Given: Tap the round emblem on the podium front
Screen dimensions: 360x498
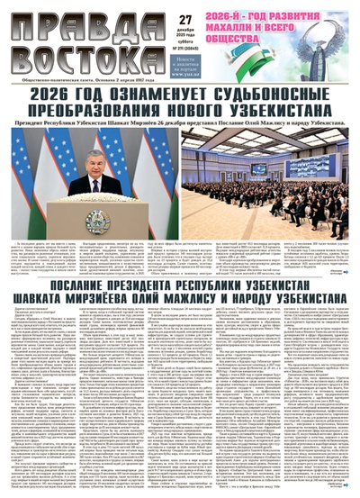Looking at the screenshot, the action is [97, 220].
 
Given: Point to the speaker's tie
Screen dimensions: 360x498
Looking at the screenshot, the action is [96, 180].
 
